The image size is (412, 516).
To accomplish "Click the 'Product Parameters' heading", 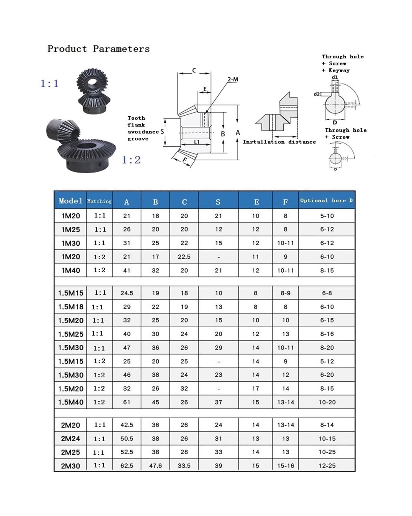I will [x=99, y=49].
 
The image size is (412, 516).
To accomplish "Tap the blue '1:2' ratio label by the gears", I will [x=131, y=160].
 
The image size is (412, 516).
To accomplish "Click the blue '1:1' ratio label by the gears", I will [x=50, y=84].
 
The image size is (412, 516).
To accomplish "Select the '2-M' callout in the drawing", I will [x=233, y=79].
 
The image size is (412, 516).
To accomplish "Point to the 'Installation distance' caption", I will [x=279, y=142].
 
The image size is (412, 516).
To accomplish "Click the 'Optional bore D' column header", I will [x=326, y=201].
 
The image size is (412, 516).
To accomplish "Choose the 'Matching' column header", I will [x=99, y=201].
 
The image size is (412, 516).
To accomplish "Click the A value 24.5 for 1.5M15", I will [x=127, y=293].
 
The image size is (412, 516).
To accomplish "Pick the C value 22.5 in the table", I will [x=184, y=257].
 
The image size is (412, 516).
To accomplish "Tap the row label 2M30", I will [x=70, y=466].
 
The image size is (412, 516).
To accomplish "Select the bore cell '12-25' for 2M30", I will [x=327, y=466].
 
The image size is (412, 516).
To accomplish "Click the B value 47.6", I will [x=155, y=466].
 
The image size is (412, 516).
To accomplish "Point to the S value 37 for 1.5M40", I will [x=218, y=402].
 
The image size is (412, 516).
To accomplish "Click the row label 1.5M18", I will [x=71, y=307].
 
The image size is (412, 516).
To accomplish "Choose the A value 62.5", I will [x=127, y=466].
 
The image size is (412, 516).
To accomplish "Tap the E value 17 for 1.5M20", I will [x=256, y=389].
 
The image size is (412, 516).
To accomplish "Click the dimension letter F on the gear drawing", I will [x=185, y=160].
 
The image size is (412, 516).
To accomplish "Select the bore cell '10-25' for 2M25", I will [x=327, y=452].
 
